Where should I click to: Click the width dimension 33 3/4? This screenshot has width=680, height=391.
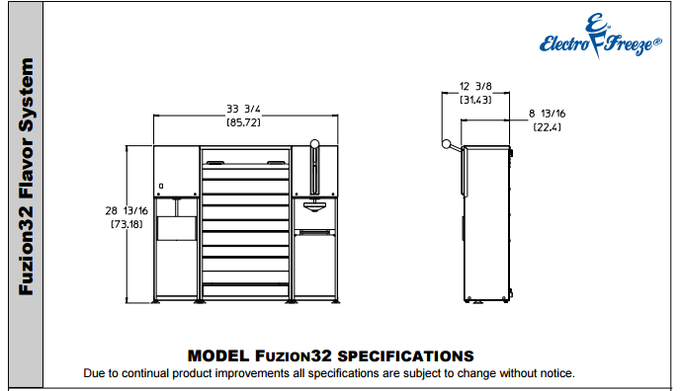(243, 109)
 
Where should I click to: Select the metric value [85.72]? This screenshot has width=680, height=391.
(243, 122)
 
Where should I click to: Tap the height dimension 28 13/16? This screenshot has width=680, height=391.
(127, 211)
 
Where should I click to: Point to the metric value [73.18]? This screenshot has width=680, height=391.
(127, 224)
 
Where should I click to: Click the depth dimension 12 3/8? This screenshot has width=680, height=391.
(475, 86)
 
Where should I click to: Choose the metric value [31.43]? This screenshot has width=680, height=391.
(475, 100)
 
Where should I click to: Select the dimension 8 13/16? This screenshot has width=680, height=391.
(547, 114)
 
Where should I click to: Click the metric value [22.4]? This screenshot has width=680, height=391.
(547, 127)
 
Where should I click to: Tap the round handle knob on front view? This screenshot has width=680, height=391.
(315, 144)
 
